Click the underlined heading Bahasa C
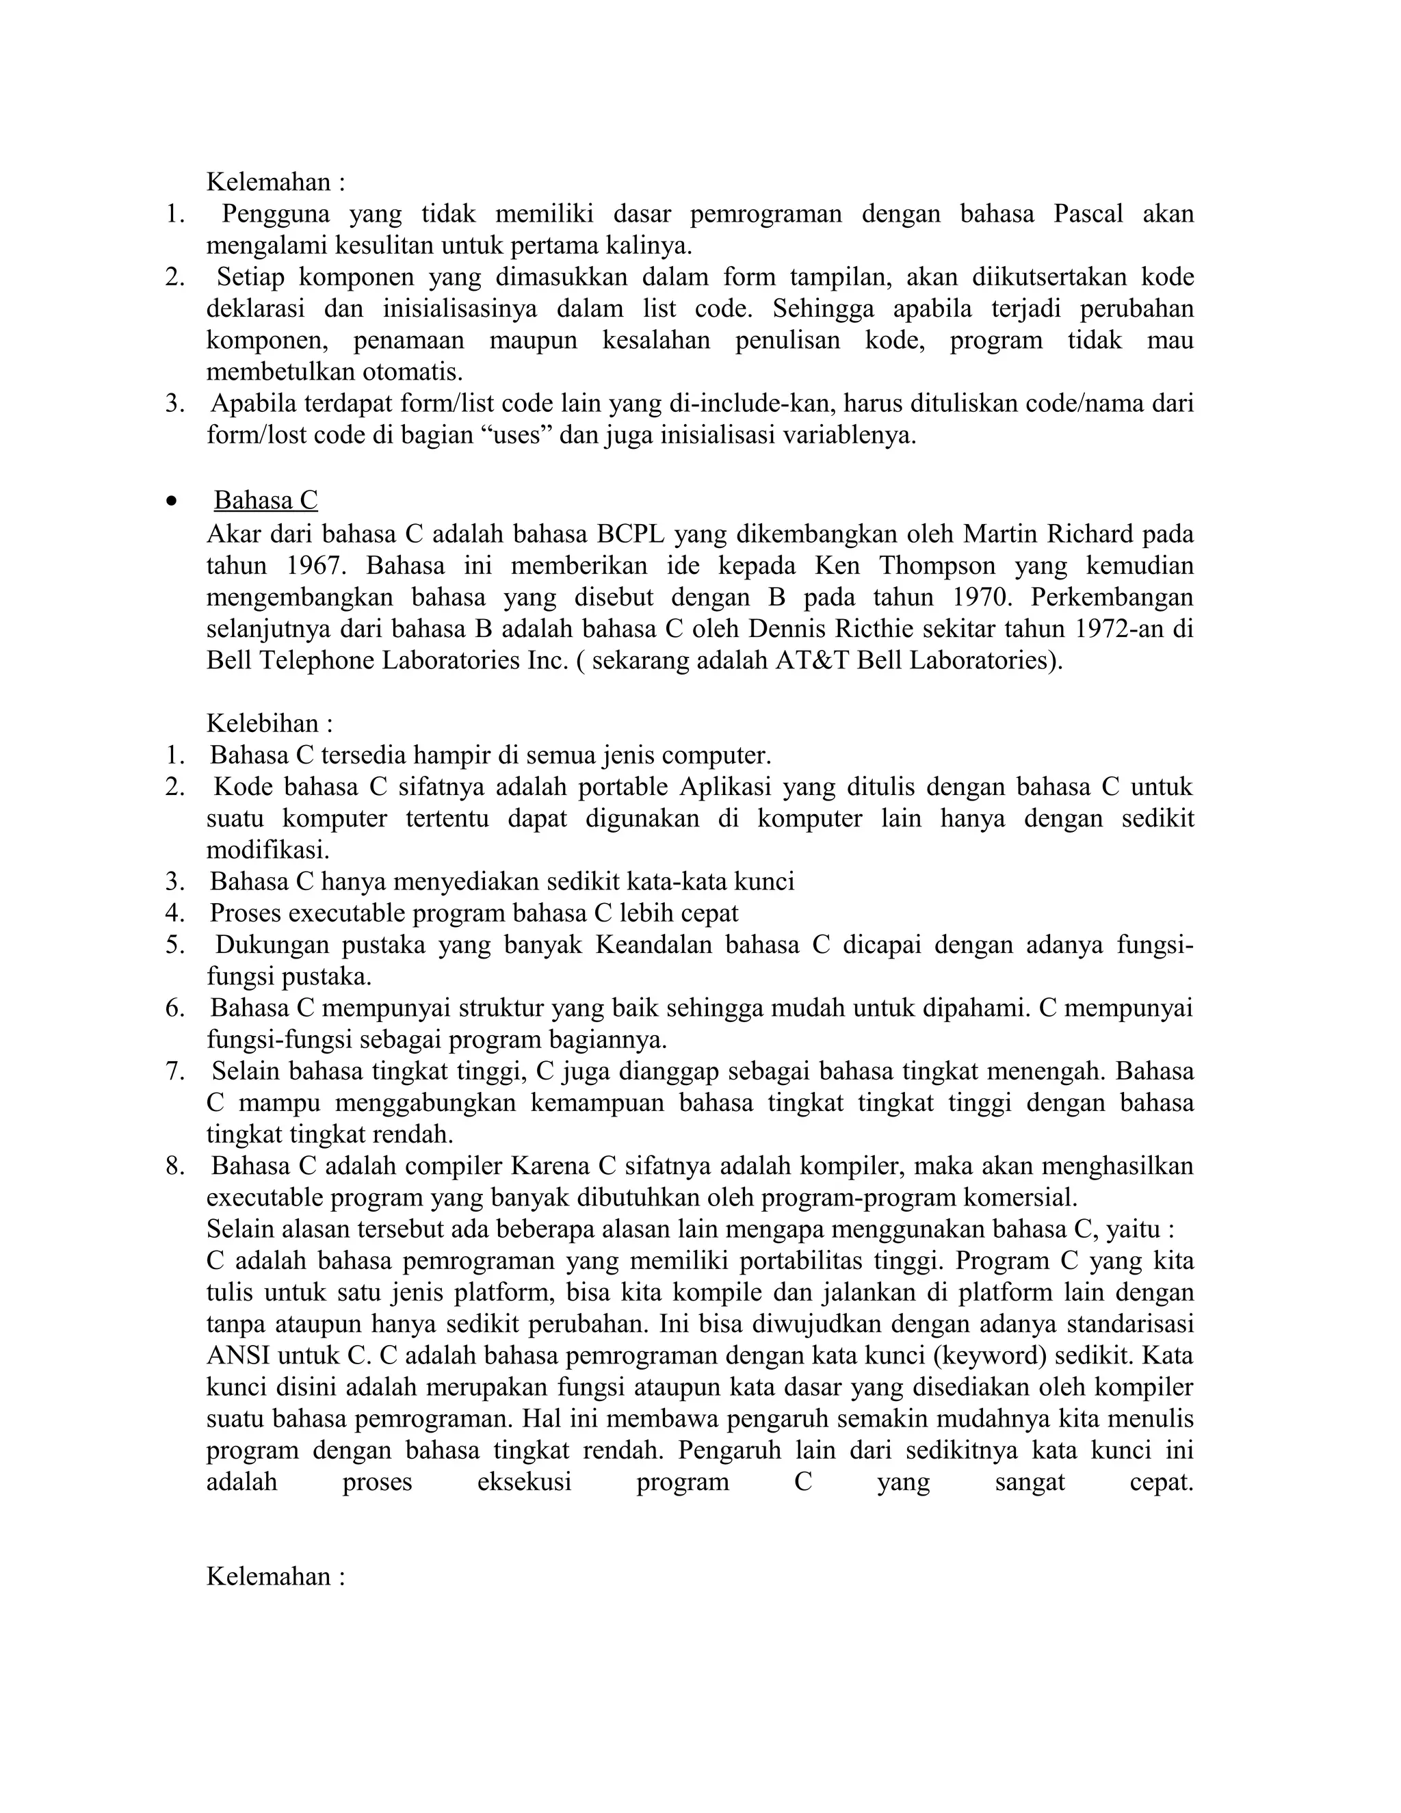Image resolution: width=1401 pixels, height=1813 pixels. coord(265,501)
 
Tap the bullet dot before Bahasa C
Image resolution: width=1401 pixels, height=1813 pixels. coord(172,502)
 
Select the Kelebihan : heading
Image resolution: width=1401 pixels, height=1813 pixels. coord(270,723)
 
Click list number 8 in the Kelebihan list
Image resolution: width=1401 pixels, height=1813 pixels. coord(174,1166)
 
